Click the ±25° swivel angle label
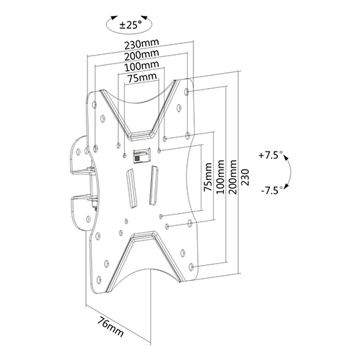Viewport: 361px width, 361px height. click(x=131, y=25)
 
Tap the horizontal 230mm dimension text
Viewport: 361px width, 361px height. click(x=142, y=44)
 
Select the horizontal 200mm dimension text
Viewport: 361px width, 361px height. click(x=142, y=55)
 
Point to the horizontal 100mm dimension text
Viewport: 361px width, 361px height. click(x=142, y=66)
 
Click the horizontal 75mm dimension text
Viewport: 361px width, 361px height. click(x=142, y=77)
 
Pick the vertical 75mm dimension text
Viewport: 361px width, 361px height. click(x=208, y=177)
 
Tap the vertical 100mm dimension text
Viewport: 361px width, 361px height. click(x=220, y=176)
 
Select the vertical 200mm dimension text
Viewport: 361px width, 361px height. click(x=232, y=176)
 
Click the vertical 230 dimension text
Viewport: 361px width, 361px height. click(x=245, y=177)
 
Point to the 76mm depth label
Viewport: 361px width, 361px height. click(x=110, y=326)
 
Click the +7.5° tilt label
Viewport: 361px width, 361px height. click(x=271, y=155)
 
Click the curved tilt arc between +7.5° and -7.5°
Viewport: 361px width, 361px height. click(x=290, y=172)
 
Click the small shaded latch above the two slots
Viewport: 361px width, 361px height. click(x=142, y=155)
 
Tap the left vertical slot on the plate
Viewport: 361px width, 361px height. click(x=131, y=188)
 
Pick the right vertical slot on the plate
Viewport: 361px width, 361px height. click(x=154, y=185)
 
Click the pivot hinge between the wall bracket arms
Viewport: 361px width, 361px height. click(x=93, y=185)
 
